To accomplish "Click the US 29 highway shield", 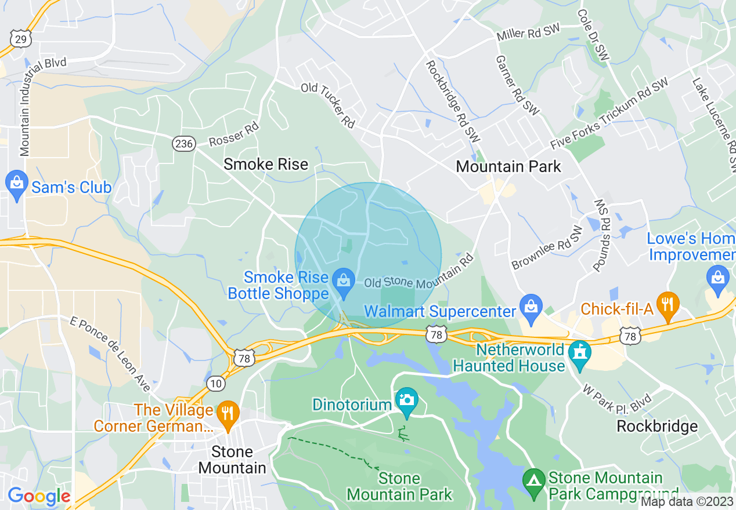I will click(20, 39).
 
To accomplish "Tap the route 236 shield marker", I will click(183, 143).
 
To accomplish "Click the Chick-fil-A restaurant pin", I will click(668, 304).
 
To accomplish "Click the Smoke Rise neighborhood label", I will click(266, 165).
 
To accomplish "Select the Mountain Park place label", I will click(508, 167).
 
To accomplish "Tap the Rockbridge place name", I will click(657, 427).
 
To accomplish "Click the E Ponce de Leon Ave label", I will click(110, 354).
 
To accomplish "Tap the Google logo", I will click(39, 497).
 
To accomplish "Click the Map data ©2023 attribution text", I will click(687, 502).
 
